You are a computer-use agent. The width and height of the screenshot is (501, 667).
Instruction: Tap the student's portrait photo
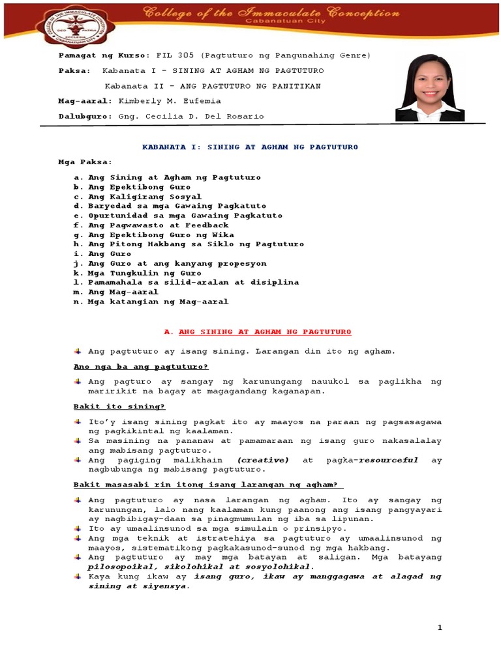click(430, 88)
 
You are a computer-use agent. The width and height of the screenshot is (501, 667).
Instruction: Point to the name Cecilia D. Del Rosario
click(191, 116)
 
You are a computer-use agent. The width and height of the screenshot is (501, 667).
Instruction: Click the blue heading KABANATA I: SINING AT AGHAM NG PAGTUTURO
click(250, 147)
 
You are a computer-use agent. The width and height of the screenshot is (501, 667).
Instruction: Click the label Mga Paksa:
click(85, 162)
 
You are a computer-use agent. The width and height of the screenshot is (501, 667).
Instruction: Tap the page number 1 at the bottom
click(440, 627)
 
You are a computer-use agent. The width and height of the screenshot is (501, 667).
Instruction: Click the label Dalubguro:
click(85, 116)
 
